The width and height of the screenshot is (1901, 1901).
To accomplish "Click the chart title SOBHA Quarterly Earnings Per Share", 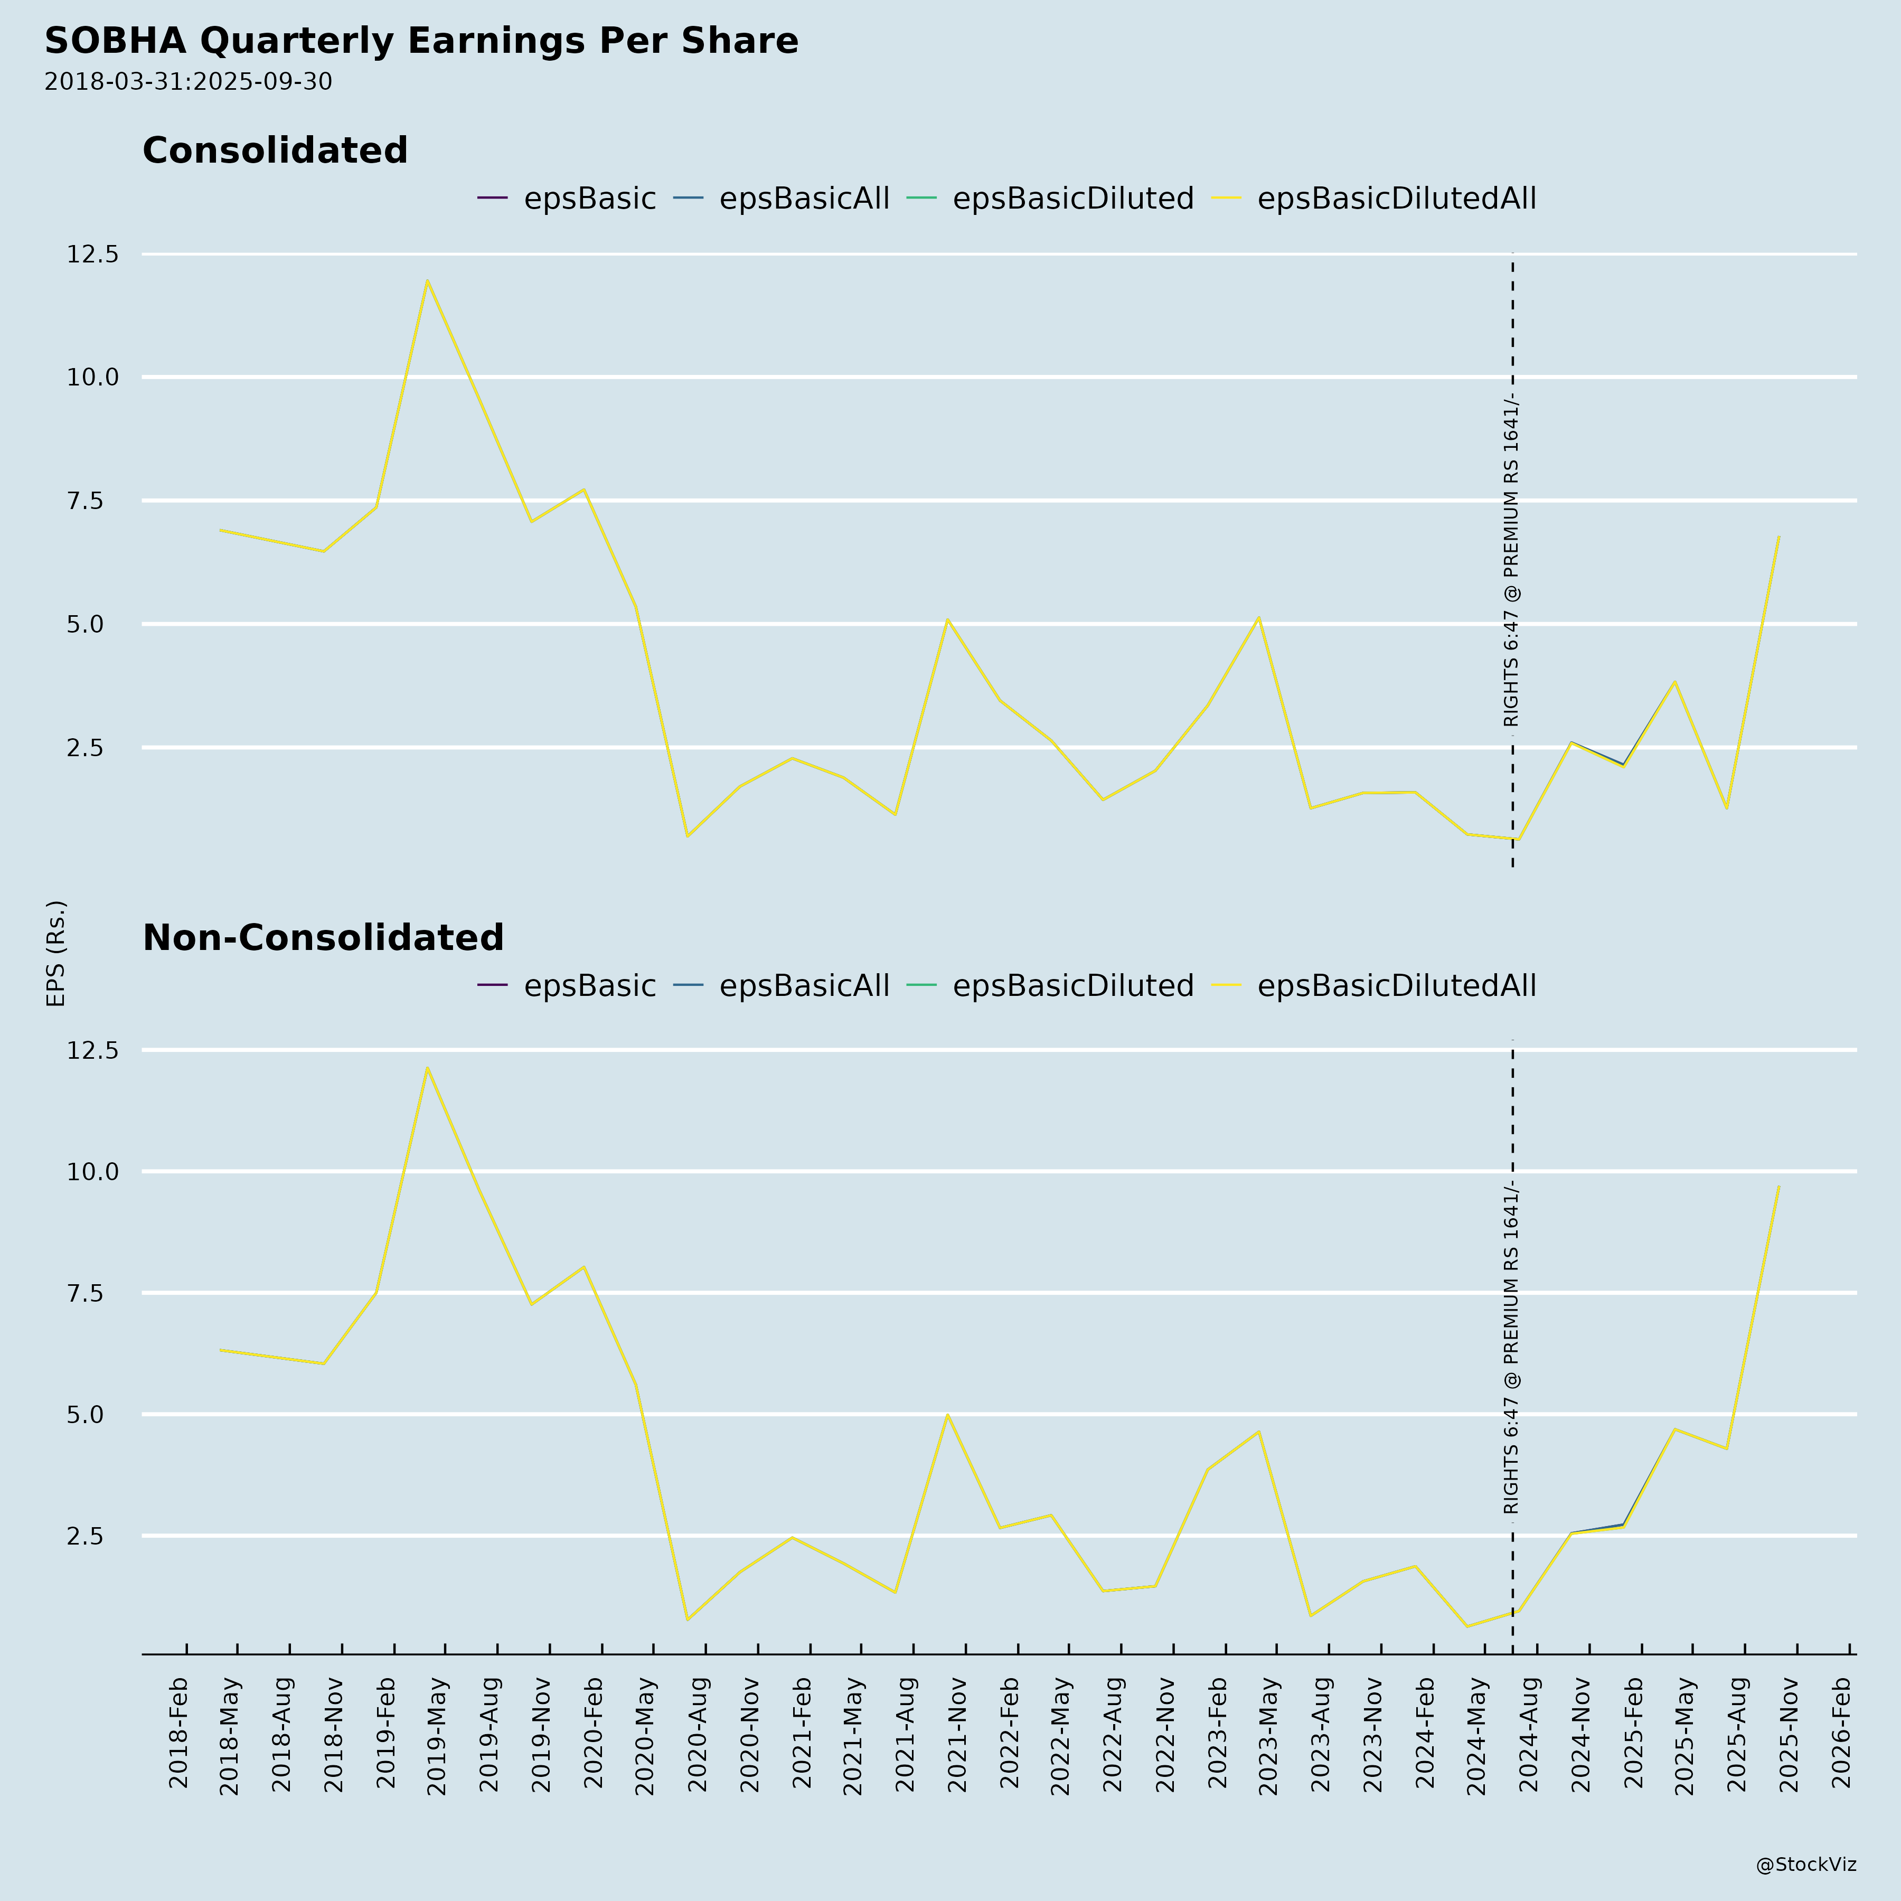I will pyautogui.click(x=421, y=41).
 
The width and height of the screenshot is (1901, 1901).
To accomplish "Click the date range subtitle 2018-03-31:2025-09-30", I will pyautogui.click(x=188, y=82).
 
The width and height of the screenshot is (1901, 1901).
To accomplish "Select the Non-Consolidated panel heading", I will pyautogui.click(x=323, y=938).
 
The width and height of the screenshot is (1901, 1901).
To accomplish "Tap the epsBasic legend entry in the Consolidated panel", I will pyautogui.click(x=588, y=199).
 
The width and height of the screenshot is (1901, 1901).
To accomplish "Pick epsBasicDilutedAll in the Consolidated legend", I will pyautogui.click(x=1395, y=199).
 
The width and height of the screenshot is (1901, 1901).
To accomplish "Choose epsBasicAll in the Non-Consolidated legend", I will pyautogui.click(x=803, y=986).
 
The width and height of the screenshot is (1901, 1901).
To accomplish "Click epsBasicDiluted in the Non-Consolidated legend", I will pyautogui.click(x=1071, y=986).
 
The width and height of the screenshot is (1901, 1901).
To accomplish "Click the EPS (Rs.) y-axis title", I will pyautogui.click(x=56, y=953).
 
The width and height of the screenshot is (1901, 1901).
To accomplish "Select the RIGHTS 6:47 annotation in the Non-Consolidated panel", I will pyautogui.click(x=1511, y=1348).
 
